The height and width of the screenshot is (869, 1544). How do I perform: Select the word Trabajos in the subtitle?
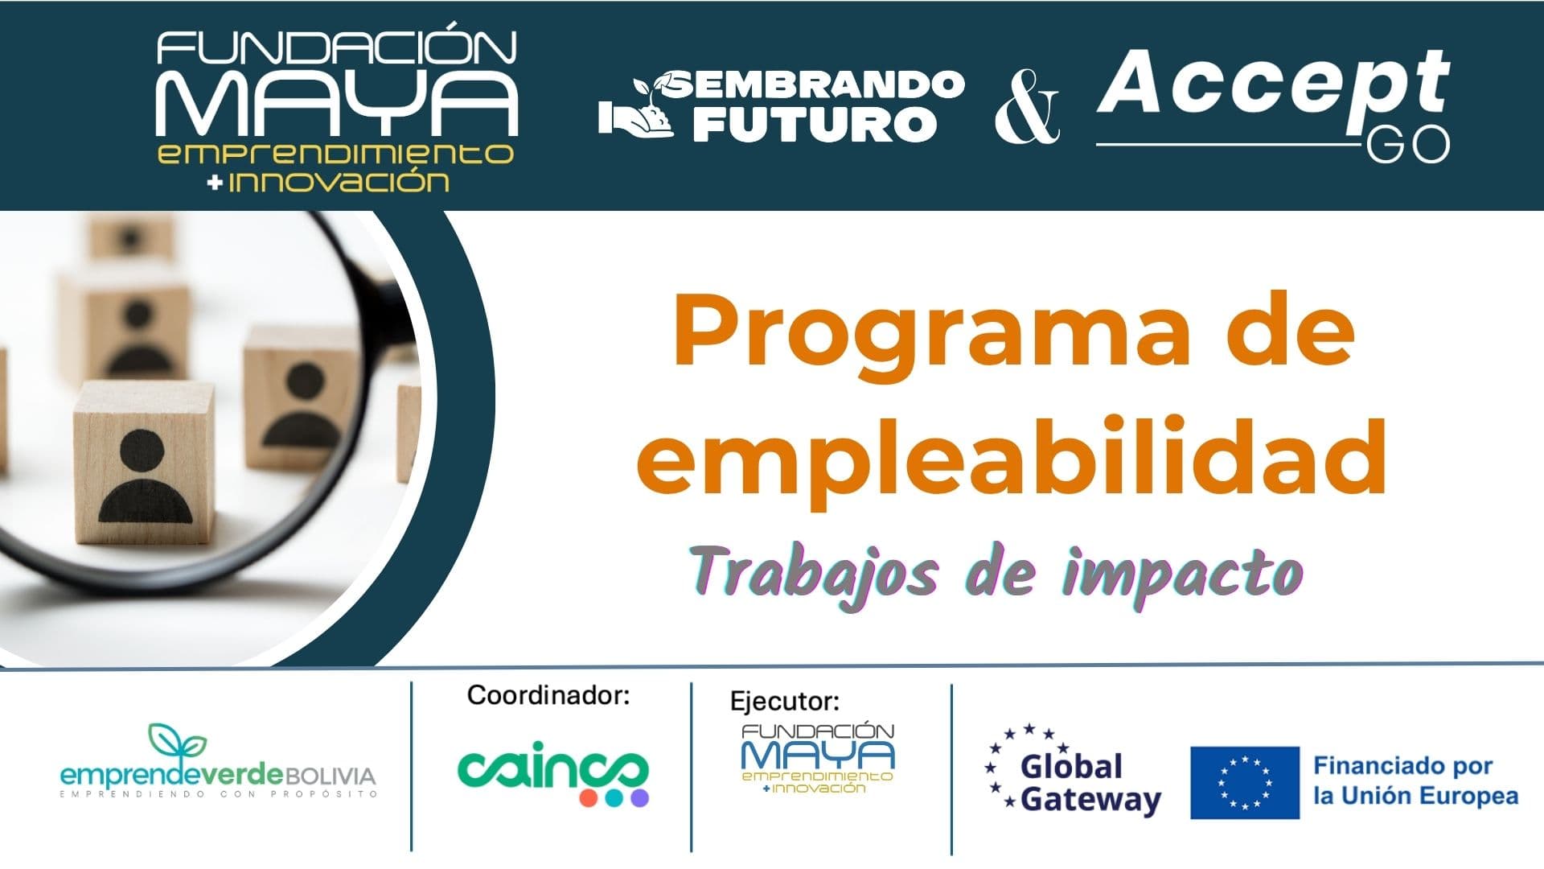point(815,574)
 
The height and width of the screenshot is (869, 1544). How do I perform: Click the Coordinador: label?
point(548,695)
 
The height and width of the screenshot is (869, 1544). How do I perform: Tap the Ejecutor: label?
point(784,701)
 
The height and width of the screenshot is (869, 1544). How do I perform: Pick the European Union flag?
point(1244,782)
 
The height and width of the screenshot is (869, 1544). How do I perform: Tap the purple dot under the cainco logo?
point(639,798)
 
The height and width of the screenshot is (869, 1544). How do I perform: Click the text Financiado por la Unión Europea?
point(1415,780)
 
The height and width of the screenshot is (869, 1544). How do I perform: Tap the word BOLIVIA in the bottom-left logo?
point(331,776)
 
